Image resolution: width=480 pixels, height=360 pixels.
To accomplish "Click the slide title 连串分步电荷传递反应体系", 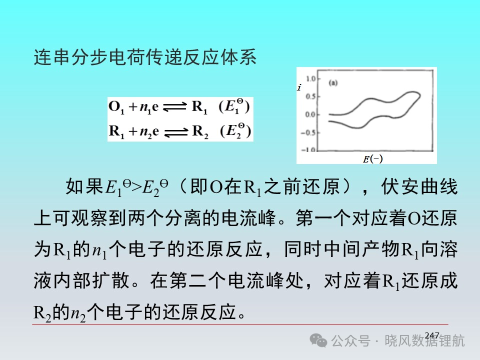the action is tap(145, 57).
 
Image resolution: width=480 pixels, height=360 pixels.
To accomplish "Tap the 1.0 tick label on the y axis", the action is tap(310, 78).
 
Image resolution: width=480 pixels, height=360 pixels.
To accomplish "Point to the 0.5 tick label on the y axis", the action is tap(310, 96).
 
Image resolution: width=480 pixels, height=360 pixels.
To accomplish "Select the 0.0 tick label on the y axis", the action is tap(310, 114).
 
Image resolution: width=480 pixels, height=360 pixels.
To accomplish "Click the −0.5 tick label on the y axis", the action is tap(308, 133).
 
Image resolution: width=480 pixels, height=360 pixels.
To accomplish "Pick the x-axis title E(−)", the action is tap(372, 158).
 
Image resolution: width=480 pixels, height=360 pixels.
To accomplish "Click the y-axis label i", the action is tap(299, 87).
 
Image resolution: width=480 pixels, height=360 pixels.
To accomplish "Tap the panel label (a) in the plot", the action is tap(333, 82).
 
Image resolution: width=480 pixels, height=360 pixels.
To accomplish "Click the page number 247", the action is tap(432, 335).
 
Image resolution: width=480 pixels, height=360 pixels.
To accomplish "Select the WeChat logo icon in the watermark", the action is tap(318, 340).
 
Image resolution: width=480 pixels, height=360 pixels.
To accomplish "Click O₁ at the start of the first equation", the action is tap(116, 107).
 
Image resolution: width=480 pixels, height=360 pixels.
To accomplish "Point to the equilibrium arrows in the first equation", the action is tap(174, 107).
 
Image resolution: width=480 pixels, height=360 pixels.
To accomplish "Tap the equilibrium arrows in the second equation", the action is tap(175, 132).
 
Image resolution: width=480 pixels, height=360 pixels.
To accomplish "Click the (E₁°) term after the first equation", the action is tap(234, 106).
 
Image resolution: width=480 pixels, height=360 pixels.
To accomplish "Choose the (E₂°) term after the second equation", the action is tap(235, 131).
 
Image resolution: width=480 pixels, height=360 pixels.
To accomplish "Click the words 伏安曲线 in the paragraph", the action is tap(419, 186).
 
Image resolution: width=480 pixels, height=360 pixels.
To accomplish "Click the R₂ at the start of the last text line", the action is tap(42, 313).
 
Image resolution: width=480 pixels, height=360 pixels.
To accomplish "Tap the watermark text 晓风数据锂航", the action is tap(424, 340).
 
